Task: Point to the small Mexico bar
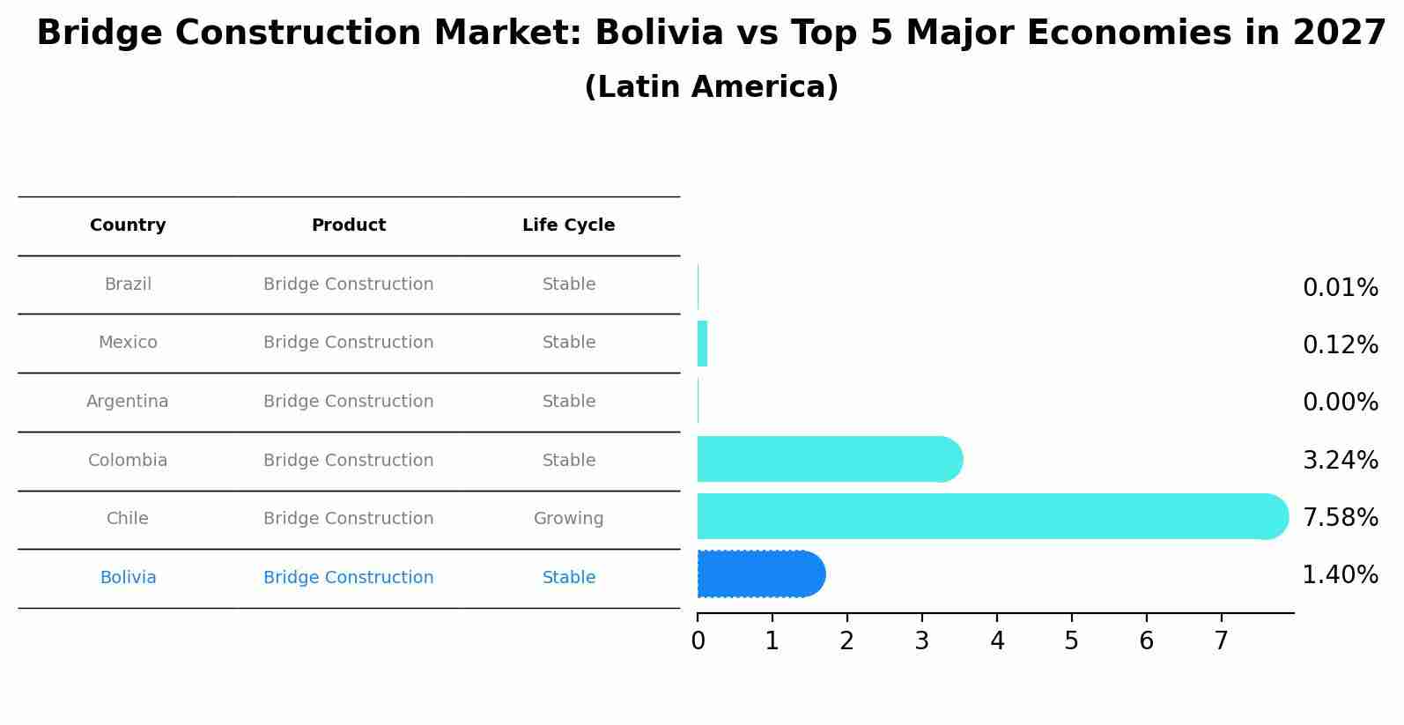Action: pyautogui.click(x=702, y=344)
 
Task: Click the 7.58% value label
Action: pyautogui.click(x=1340, y=518)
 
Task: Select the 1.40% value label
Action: pyautogui.click(x=1340, y=575)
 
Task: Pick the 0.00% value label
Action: pyautogui.click(x=1340, y=403)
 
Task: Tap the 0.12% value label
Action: pyautogui.click(x=1340, y=345)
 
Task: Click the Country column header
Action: pyautogui.click(x=128, y=226)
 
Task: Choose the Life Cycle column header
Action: pyautogui.click(x=568, y=226)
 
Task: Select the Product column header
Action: pyautogui.click(x=348, y=226)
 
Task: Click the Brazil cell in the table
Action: pyautogui.click(x=128, y=285)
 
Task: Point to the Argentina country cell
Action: pyautogui.click(x=128, y=402)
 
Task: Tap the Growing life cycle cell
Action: pyautogui.click(x=568, y=519)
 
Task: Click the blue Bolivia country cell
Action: pyautogui.click(x=128, y=578)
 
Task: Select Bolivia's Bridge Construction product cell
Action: pyautogui.click(x=348, y=578)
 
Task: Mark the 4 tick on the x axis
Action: pyautogui.click(x=997, y=641)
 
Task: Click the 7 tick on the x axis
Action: pyautogui.click(x=1221, y=641)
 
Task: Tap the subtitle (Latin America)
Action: pyautogui.click(x=711, y=87)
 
